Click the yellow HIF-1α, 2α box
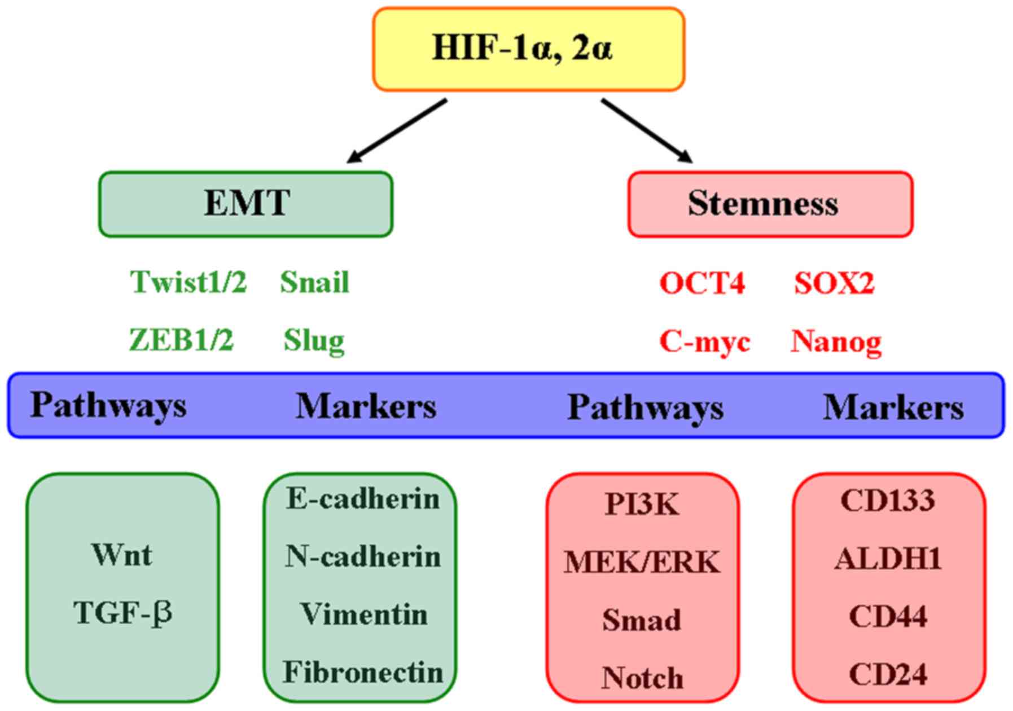pos(528,49)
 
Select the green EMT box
pos(246,204)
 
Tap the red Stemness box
pos(770,204)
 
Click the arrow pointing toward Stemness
pos(646,130)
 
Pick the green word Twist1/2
pos(188,282)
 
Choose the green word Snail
pos(314,282)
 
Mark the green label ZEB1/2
pos(181,340)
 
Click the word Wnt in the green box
pos(122,555)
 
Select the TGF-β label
pos(122,613)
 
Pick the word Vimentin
pos(363,614)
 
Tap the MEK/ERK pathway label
pos(642,563)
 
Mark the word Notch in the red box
pos(642,678)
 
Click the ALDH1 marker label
pos(888,559)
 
